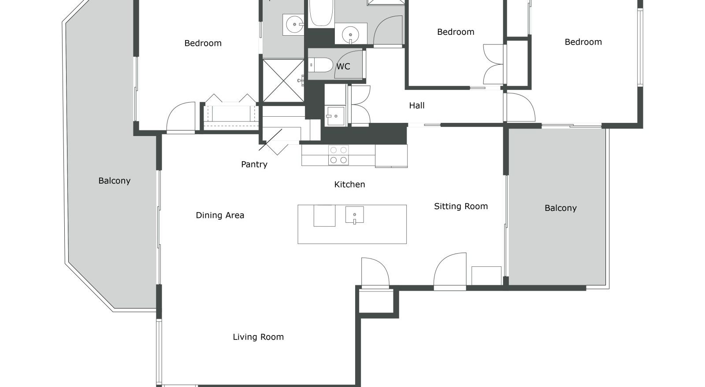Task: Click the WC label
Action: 343,66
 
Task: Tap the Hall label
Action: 417,105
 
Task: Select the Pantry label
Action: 254,164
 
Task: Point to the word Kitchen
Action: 349,184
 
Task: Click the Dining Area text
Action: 220,215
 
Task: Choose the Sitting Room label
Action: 461,206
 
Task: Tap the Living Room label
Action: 258,337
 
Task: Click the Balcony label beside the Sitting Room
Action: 560,208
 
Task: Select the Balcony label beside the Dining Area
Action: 114,181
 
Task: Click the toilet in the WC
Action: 320,65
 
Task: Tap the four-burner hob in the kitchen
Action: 338,155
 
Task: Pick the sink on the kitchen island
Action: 354,215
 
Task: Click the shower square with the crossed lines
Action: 283,81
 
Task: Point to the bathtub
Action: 321,13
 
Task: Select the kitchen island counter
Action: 352,224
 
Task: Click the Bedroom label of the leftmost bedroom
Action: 203,43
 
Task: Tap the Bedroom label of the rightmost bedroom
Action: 583,42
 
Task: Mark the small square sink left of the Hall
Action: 335,116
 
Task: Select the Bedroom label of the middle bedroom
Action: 456,32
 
